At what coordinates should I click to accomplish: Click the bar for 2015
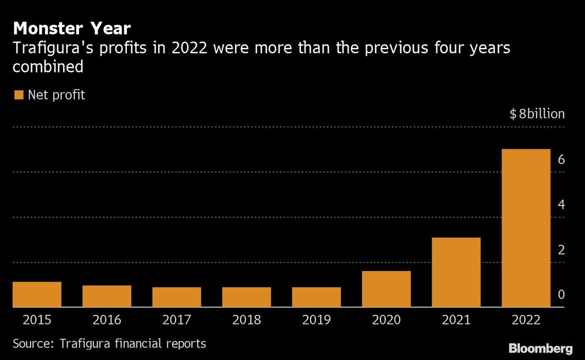[37, 294]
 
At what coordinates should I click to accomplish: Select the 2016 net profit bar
[106, 296]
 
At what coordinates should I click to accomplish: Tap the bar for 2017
[177, 297]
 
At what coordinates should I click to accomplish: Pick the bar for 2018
[246, 297]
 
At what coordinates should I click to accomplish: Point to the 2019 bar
[316, 297]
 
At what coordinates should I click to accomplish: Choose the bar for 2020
[386, 289]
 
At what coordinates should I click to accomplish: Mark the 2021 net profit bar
[456, 272]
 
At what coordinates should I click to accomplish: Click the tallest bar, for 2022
[526, 228]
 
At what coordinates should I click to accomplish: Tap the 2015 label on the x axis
[37, 320]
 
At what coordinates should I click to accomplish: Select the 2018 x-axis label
[246, 320]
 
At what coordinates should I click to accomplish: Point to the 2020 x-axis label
[386, 320]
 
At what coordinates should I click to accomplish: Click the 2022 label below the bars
[526, 320]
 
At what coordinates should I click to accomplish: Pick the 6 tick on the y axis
[560, 159]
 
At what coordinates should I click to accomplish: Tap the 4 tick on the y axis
[560, 204]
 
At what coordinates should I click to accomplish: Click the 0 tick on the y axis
[560, 294]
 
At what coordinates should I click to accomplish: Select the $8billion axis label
[537, 114]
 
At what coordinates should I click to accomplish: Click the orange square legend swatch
[18, 95]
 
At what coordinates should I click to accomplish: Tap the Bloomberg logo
[540, 348]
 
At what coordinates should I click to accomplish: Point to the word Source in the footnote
[30, 344]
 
